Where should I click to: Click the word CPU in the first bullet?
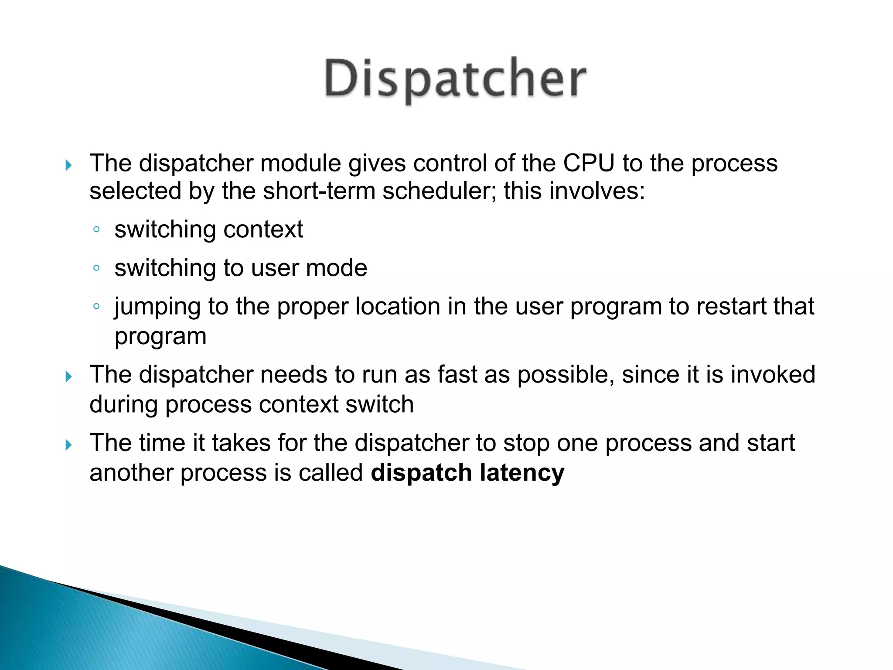coord(589,164)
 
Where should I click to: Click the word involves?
coord(597,191)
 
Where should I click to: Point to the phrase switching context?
coord(208,229)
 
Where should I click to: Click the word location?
coord(398,306)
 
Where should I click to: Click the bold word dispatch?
coord(421,473)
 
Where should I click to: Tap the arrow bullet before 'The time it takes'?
coord(68,445)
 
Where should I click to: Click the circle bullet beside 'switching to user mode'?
coord(97,268)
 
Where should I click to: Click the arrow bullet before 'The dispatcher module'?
coord(68,165)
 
